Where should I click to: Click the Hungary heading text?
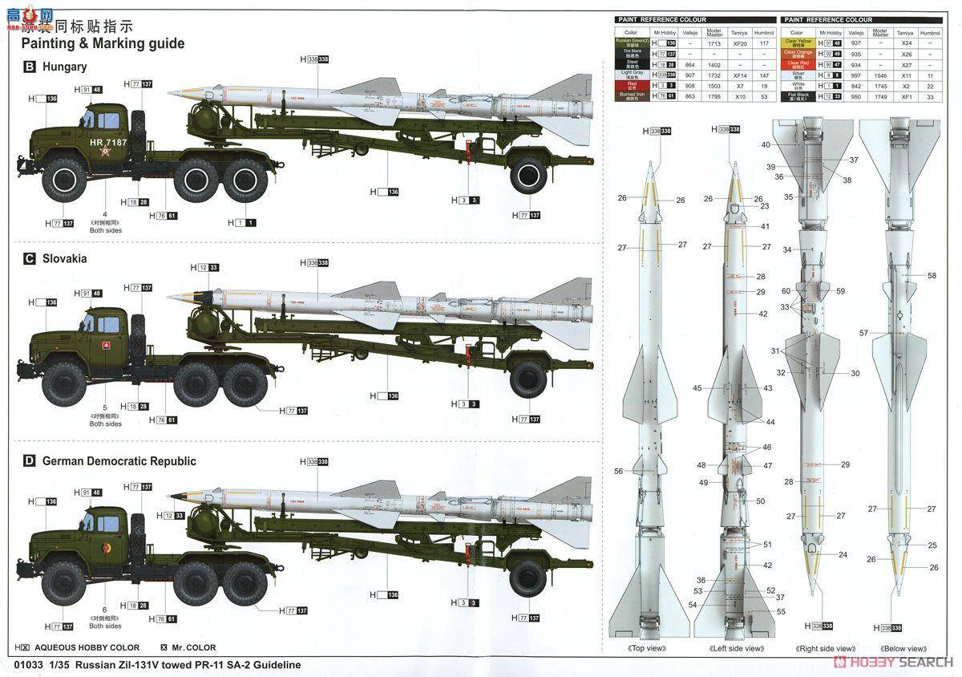(64, 67)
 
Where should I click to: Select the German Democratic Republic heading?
(119, 461)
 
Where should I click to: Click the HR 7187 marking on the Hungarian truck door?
(108, 142)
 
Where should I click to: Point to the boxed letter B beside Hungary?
(30, 67)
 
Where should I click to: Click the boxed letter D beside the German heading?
(30, 461)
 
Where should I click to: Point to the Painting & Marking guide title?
(103, 43)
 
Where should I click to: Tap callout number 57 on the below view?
(863, 333)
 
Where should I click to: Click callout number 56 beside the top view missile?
(619, 472)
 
